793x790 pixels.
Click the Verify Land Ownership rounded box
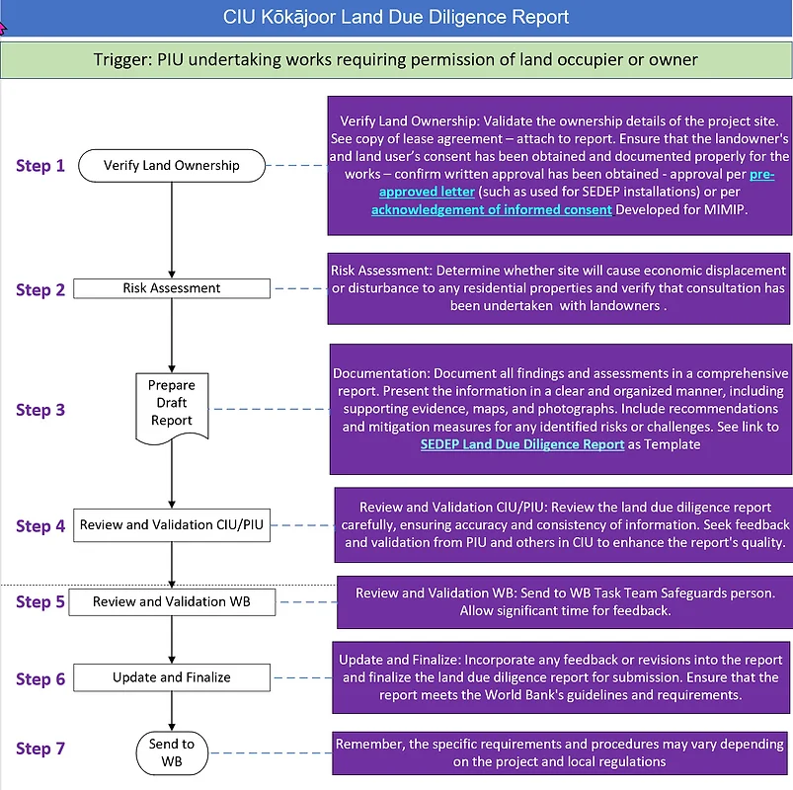[x=172, y=165]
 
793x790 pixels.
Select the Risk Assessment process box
[x=172, y=288]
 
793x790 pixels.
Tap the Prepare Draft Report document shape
[x=172, y=403]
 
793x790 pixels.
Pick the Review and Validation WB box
[x=172, y=601]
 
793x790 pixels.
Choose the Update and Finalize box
[x=172, y=677]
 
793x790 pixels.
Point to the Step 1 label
[x=40, y=166]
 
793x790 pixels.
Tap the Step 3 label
[x=40, y=410]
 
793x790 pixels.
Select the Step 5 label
[x=40, y=602]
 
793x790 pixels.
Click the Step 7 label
[x=40, y=750]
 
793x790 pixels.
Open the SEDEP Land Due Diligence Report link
[x=522, y=444]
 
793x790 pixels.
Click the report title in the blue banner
[x=396, y=18]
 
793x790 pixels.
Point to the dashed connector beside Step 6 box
[x=300, y=677]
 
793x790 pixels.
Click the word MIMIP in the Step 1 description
[x=727, y=210]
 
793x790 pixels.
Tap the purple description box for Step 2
[x=560, y=287]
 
